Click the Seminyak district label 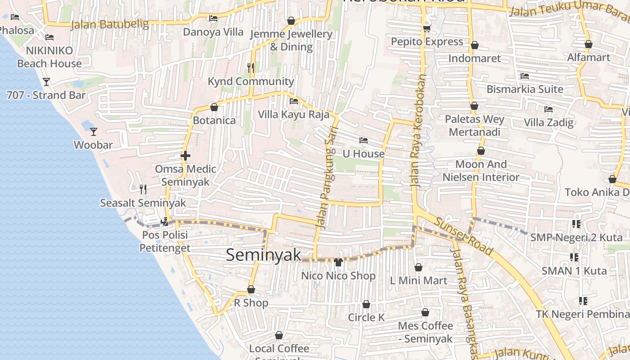pyautogui.click(x=263, y=255)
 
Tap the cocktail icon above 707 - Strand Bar pyautogui.click(x=46, y=82)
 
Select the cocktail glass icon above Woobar pyautogui.click(x=94, y=132)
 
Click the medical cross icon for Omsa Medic pyautogui.click(x=185, y=156)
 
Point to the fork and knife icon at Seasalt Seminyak pyautogui.click(x=143, y=189)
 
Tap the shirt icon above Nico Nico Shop pyautogui.click(x=338, y=262)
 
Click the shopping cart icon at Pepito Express pyautogui.click(x=427, y=29)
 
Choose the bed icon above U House pyautogui.click(x=364, y=141)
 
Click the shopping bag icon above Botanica pyautogui.click(x=214, y=107)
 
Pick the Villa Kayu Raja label pyautogui.click(x=293, y=114)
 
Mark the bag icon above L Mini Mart pyautogui.click(x=418, y=268)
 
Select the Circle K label pyautogui.click(x=366, y=318)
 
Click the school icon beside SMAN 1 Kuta pyautogui.click(x=574, y=257)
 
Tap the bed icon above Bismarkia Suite pyautogui.click(x=524, y=76)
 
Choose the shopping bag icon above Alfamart pyautogui.click(x=589, y=44)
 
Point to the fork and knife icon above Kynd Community pyautogui.click(x=251, y=68)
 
